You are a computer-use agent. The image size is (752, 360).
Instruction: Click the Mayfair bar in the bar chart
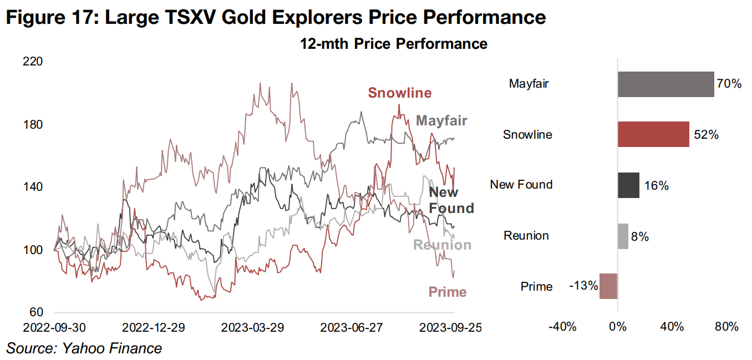point(665,84)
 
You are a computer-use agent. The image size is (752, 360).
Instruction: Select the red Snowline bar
point(653,134)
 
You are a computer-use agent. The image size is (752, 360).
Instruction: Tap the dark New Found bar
point(628,185)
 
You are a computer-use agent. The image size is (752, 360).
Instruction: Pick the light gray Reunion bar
point(623,236)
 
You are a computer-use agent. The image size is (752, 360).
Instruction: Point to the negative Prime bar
point(608,286)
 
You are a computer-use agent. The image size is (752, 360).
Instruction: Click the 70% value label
point(728,84)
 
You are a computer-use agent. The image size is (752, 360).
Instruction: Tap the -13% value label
point(583,286)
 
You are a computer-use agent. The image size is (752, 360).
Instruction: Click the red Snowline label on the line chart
point(399,93)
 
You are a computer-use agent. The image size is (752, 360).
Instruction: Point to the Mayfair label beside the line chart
point(441,120)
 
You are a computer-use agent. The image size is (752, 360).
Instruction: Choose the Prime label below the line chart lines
point(447,292)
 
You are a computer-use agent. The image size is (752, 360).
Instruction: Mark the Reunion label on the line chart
point(442,245)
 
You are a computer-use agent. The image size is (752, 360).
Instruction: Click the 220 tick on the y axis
point(32,62)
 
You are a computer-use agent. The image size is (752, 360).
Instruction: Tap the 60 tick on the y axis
point(35,312)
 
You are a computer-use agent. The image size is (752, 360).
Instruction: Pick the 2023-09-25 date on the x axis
point(450,328)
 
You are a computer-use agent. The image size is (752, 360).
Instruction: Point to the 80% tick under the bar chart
point(726,327)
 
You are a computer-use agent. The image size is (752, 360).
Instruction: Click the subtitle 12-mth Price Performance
point(394,44)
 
